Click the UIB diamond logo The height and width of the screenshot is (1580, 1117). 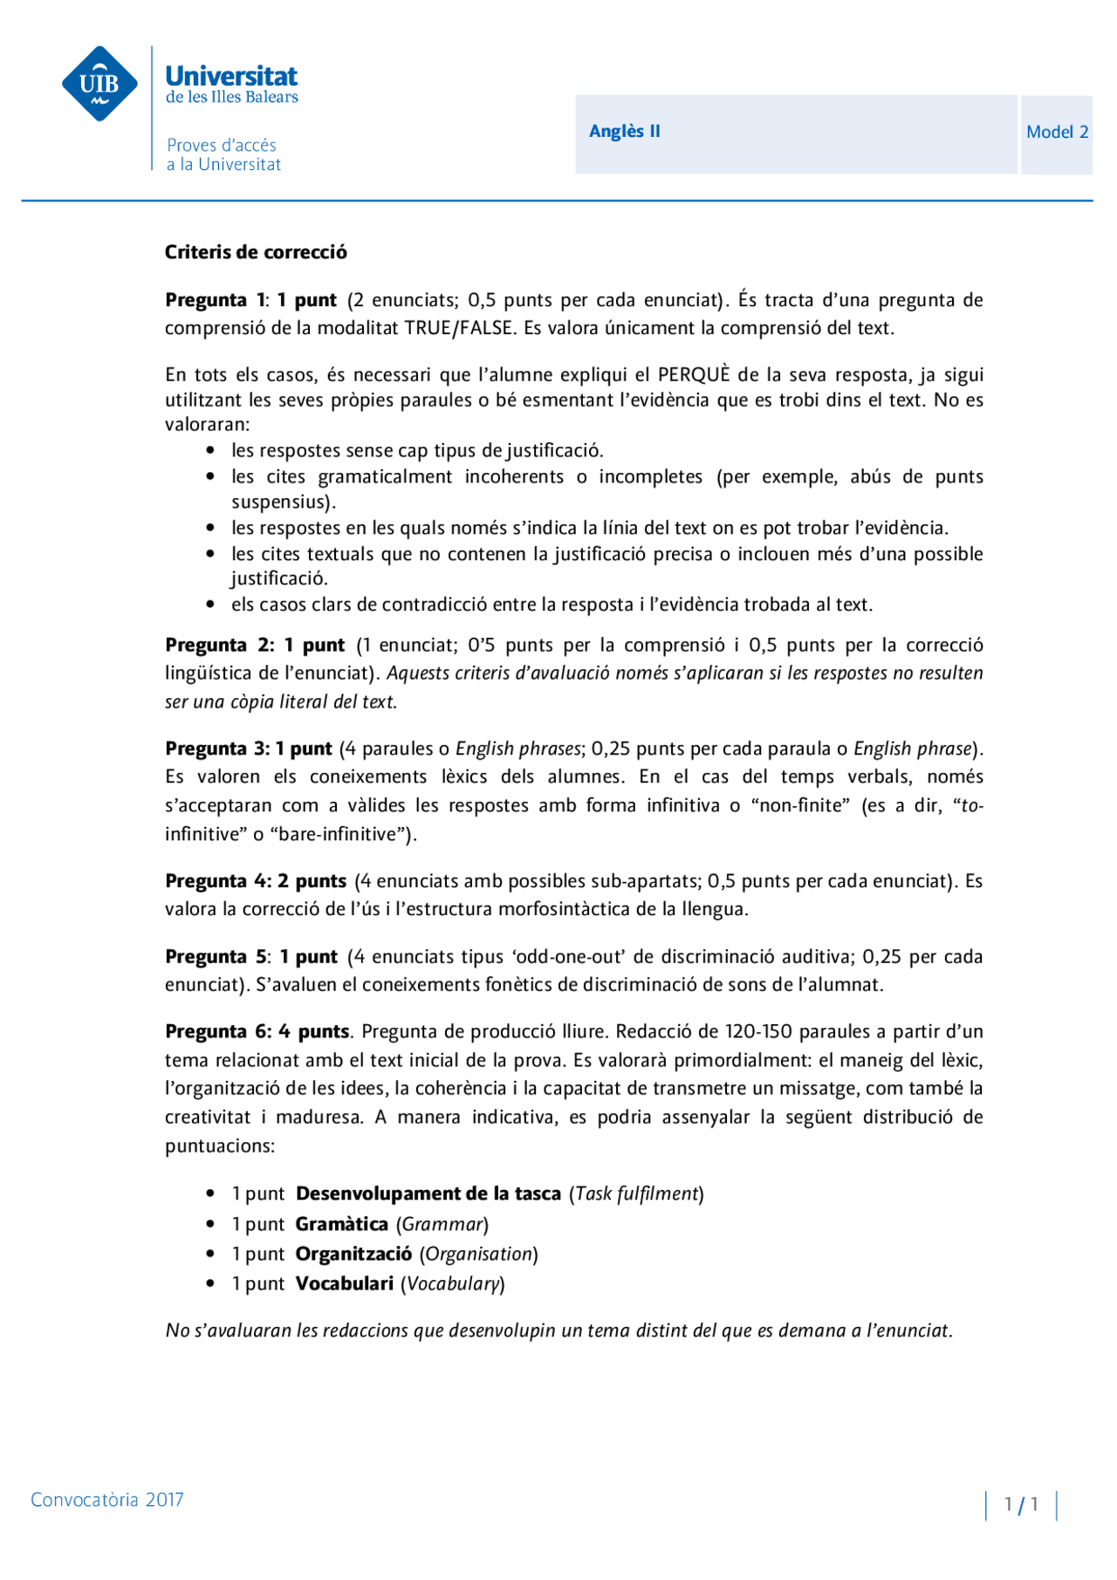click(x=99, y=84)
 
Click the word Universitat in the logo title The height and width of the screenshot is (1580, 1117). click(x=231, y=76)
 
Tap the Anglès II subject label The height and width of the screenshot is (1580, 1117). click(x=624, y=132)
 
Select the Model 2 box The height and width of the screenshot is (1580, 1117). click(x=1057, y=133)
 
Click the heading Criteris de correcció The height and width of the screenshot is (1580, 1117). click(x=256, y=252)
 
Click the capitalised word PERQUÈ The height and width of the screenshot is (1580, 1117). click(x=694, y=375)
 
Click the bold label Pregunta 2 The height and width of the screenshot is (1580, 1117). click(x=219, y=646)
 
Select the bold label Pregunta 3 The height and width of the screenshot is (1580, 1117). click(x=217, y=749)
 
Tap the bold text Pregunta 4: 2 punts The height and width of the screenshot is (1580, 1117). click(x=256, y=881)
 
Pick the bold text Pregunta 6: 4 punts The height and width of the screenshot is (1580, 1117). click(x=257, y=1032)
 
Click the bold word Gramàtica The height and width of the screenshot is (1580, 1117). click(x=341, y=1224)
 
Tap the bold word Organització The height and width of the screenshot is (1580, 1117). click(x=353, y=1254)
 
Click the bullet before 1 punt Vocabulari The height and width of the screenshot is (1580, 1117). click(x=210, y=1283)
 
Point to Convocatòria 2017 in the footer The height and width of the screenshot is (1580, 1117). click(x=107, y=1500)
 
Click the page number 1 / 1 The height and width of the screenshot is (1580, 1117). click(x=1021, y=1504)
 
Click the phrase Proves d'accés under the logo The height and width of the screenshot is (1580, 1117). click(x=222, y=146)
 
